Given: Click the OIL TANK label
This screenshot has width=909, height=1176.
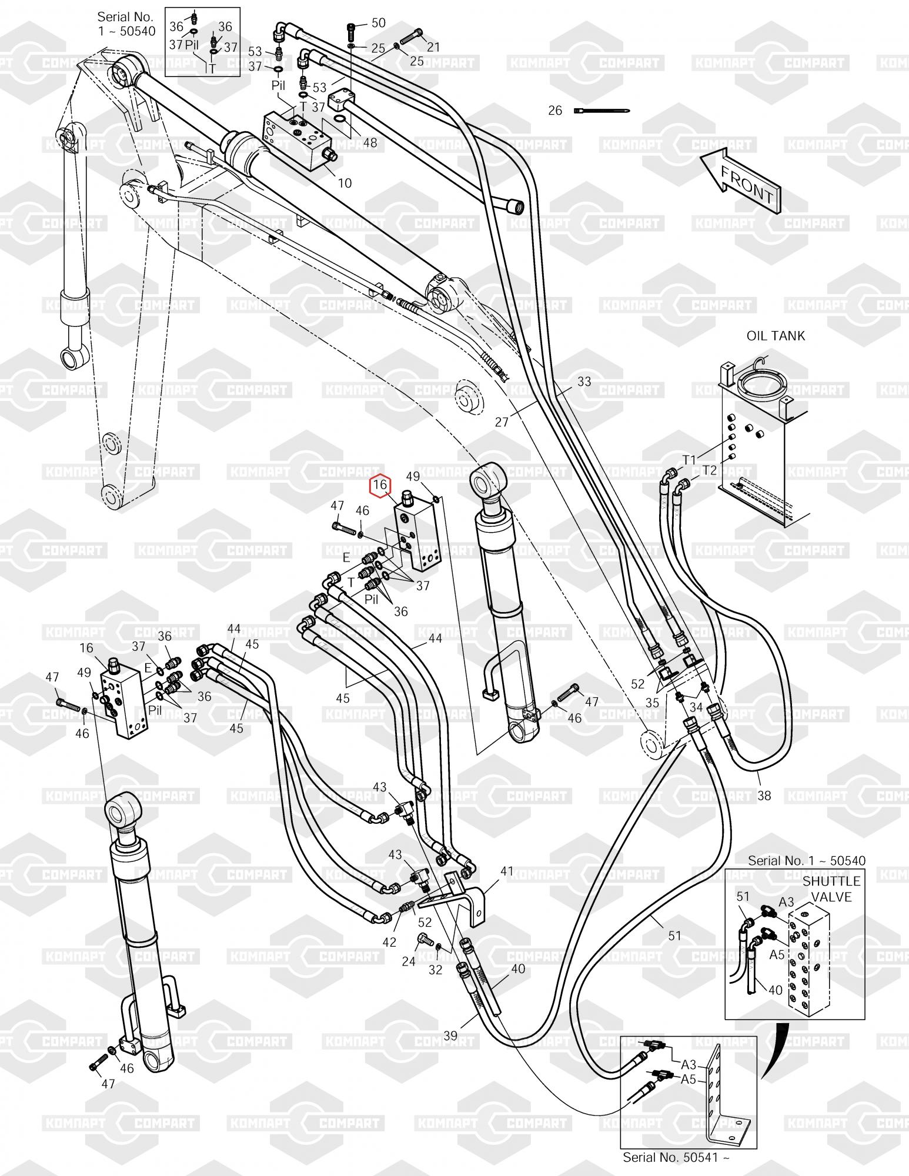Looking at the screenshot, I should pyautogui.click(x=776, y=336).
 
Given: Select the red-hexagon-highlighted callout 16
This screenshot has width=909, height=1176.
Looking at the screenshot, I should pyautogui.click(x=380, y=485).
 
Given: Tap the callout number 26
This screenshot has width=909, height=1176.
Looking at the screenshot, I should pyautogui.click(x=555, y=111).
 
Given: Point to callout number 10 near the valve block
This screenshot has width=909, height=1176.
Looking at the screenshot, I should pyautogui.click(x=345, y=183).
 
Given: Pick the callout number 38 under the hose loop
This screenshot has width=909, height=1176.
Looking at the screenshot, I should pyautogui.click(x=764, y=796).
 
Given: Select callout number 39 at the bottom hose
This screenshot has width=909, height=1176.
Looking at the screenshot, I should pyautogui.click(x=450, y=1035).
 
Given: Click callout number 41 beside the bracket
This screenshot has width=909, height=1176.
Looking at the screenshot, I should pyautogui.click(x=507, y=871).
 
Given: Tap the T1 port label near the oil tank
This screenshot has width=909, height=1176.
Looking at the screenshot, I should pyautogui.click(x=689, y=460).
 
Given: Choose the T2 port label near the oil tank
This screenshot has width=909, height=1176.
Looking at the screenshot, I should pyautogui.click(x=710, y=470).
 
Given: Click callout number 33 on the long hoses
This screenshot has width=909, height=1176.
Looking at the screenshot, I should pyautogui.click(x=584, y=382).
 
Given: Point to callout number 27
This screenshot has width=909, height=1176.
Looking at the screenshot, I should pyautogui.click(x=502, y=422).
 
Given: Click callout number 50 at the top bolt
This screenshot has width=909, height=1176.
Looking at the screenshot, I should pyautogui.click(x=379, y=23).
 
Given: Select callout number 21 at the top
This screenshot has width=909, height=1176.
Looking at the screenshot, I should pyautogui.click(x=433, y=47).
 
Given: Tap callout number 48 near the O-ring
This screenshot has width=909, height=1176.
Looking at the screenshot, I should pyautogui.click(x=370, y=142).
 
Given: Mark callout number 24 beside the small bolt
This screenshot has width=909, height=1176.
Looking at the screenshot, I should pyautogui.click(x=409, y=961).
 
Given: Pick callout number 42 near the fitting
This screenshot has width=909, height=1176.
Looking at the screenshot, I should pyautogui.click(x=389, y=942).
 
